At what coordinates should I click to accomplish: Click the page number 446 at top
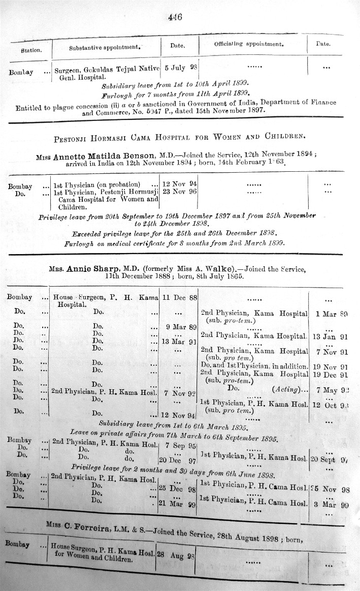[x=175, y=16]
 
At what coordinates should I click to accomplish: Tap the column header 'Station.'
[x=31, y=50]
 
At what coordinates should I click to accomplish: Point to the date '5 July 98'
[x=180, y=67]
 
